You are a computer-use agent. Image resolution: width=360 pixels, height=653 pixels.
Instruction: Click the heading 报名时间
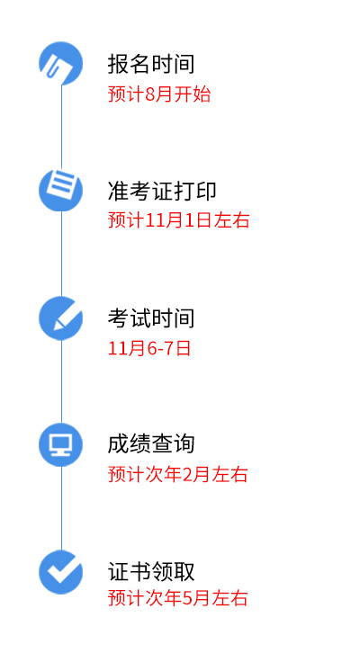pos(151,64)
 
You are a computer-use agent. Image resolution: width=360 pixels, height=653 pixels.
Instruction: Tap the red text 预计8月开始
pos(159,94)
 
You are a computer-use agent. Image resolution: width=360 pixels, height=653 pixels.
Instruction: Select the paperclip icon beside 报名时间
pos(61,64)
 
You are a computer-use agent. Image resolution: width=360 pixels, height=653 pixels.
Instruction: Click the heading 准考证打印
pos(162,191)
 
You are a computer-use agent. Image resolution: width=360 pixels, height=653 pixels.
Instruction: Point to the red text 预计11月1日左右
pos(179,219)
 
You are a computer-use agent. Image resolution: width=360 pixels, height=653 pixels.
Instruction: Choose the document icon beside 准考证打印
pos(61,190)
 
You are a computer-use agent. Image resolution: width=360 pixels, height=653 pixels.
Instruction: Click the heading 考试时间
pos(151,318)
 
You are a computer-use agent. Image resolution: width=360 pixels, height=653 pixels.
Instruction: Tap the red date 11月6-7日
pos(149,348)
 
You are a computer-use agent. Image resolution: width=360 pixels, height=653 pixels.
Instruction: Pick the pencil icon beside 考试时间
pos(61,318)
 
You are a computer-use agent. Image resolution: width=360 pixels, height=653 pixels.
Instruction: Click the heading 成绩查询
pos(151,443)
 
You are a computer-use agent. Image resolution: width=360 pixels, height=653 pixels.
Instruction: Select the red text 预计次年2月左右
pos(178,474)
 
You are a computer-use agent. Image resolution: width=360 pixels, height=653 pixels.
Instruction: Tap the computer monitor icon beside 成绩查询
pos(61,444)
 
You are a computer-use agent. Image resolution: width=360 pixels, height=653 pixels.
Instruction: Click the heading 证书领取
pos(151,571)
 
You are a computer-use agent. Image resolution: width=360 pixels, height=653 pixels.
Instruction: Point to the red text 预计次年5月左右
pos(178,598)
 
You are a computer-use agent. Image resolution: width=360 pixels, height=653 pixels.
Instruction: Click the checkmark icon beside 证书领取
pos(61,572)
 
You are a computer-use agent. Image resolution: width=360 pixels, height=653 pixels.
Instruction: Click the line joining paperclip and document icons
pos(62,127)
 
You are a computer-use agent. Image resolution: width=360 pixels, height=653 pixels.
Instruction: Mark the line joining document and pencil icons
pos(62,254)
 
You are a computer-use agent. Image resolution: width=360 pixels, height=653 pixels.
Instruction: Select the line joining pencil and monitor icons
pos(62,381)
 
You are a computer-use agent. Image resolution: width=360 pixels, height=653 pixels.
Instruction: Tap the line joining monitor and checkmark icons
pos(62,508)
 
